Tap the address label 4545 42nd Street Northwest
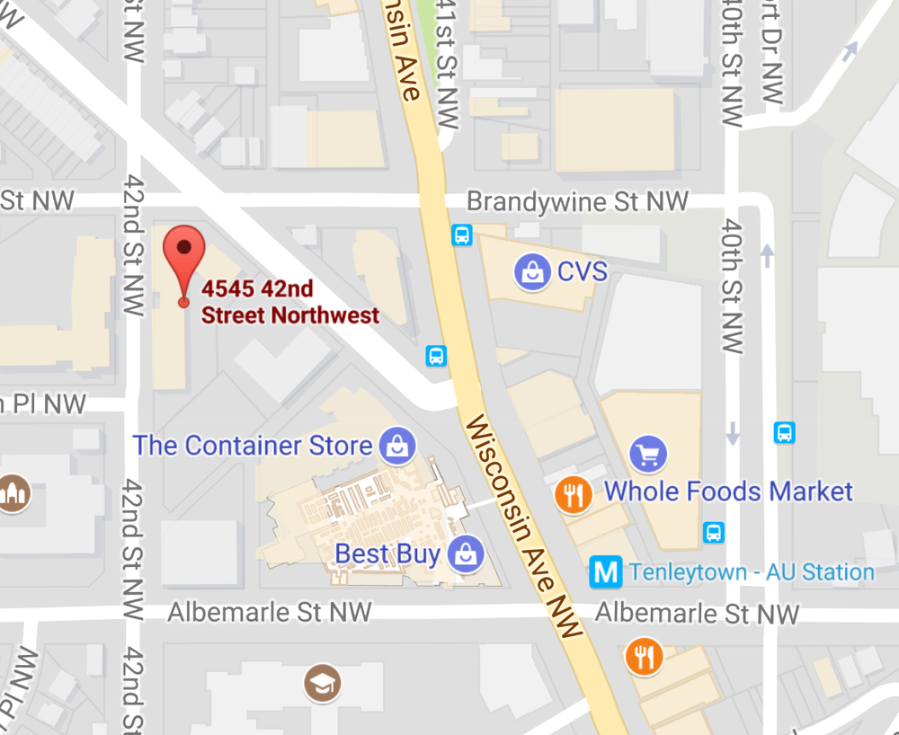[x=289, y=302]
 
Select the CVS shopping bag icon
[x=532, y=271]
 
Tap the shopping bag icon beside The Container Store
[x=396, y=445]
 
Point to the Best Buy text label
[x=387, y=553]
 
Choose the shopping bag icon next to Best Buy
[x=466, y=553]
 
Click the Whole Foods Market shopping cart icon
[x=648, y=455]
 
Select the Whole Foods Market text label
[x=728, y=491]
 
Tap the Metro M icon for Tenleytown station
[x=607, y=572]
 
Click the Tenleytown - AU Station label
[x=752, y=572]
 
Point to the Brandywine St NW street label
[x=577, y=200]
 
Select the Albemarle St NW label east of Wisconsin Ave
[x=697, y=614]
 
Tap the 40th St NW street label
[x=734, y=286]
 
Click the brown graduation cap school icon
[x=321, y=685]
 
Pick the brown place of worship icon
[x=14, y=492]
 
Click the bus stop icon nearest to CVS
[x=462, y=235]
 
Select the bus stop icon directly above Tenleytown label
[x=714, y=532]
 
